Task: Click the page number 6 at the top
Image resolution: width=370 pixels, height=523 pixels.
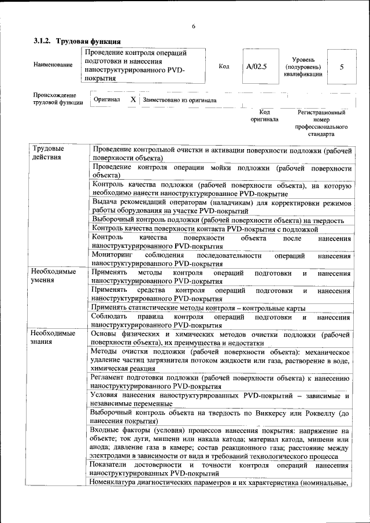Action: pos(194,27)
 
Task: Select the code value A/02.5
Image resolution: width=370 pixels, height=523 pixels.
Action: pos(256,66)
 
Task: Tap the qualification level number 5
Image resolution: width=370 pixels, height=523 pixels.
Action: pos(342,66)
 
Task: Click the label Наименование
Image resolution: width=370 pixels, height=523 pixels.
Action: pos(53,64)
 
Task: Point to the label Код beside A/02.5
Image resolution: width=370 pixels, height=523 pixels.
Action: pos(224,66)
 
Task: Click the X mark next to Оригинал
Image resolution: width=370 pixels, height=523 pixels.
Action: pos(132,99)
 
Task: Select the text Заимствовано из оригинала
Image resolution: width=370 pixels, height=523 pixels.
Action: pos(179,100)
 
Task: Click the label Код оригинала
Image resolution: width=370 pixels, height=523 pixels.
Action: pos(264,116)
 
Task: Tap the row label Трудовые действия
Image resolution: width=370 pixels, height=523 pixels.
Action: pos(48,153)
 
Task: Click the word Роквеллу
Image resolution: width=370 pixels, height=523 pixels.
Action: pos(316,413)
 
